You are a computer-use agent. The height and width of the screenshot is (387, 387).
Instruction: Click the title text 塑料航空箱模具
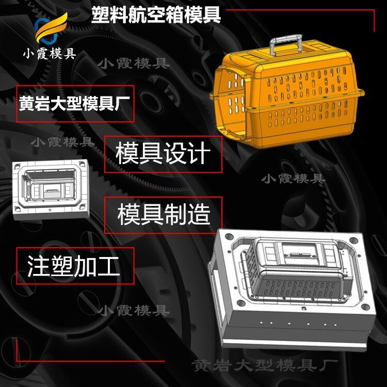click(156, 15)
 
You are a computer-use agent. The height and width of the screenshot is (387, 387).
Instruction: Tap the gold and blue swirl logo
click(51, 28)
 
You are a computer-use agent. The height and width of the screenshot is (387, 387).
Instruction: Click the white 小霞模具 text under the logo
click(50, 53)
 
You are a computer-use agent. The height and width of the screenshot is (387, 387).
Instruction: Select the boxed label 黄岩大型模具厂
click(75, 104)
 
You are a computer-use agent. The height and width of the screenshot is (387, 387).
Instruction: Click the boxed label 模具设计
click(163, 154)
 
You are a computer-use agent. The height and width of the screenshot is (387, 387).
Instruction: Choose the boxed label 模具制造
click(163, 215)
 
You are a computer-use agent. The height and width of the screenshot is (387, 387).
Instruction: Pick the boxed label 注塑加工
click(75, 266)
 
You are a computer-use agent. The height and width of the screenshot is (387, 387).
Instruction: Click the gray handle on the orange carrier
click(286, 44)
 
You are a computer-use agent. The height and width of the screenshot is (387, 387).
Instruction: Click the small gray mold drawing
click(51, 189)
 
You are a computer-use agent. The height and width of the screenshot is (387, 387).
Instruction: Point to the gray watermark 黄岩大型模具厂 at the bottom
click(265, 365)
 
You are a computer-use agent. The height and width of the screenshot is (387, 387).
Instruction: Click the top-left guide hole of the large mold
click(229, 237)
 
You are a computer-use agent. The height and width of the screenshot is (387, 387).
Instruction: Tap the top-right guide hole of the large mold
click(353, 240)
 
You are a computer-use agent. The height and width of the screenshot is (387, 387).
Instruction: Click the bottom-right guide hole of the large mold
click(365, 307)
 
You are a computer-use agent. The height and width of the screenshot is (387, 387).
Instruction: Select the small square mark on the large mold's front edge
click(303, 308)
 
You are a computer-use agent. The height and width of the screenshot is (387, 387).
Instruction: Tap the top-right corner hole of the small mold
click(82, 164)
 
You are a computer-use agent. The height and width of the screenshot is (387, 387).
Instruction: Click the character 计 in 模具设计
click(199, 154)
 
